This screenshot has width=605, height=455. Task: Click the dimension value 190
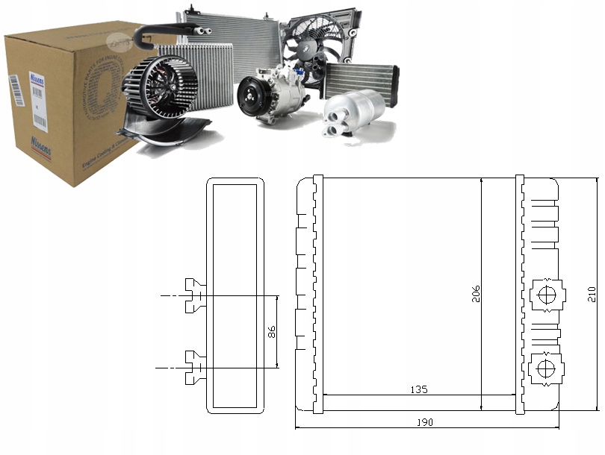[x=423, y=422]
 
